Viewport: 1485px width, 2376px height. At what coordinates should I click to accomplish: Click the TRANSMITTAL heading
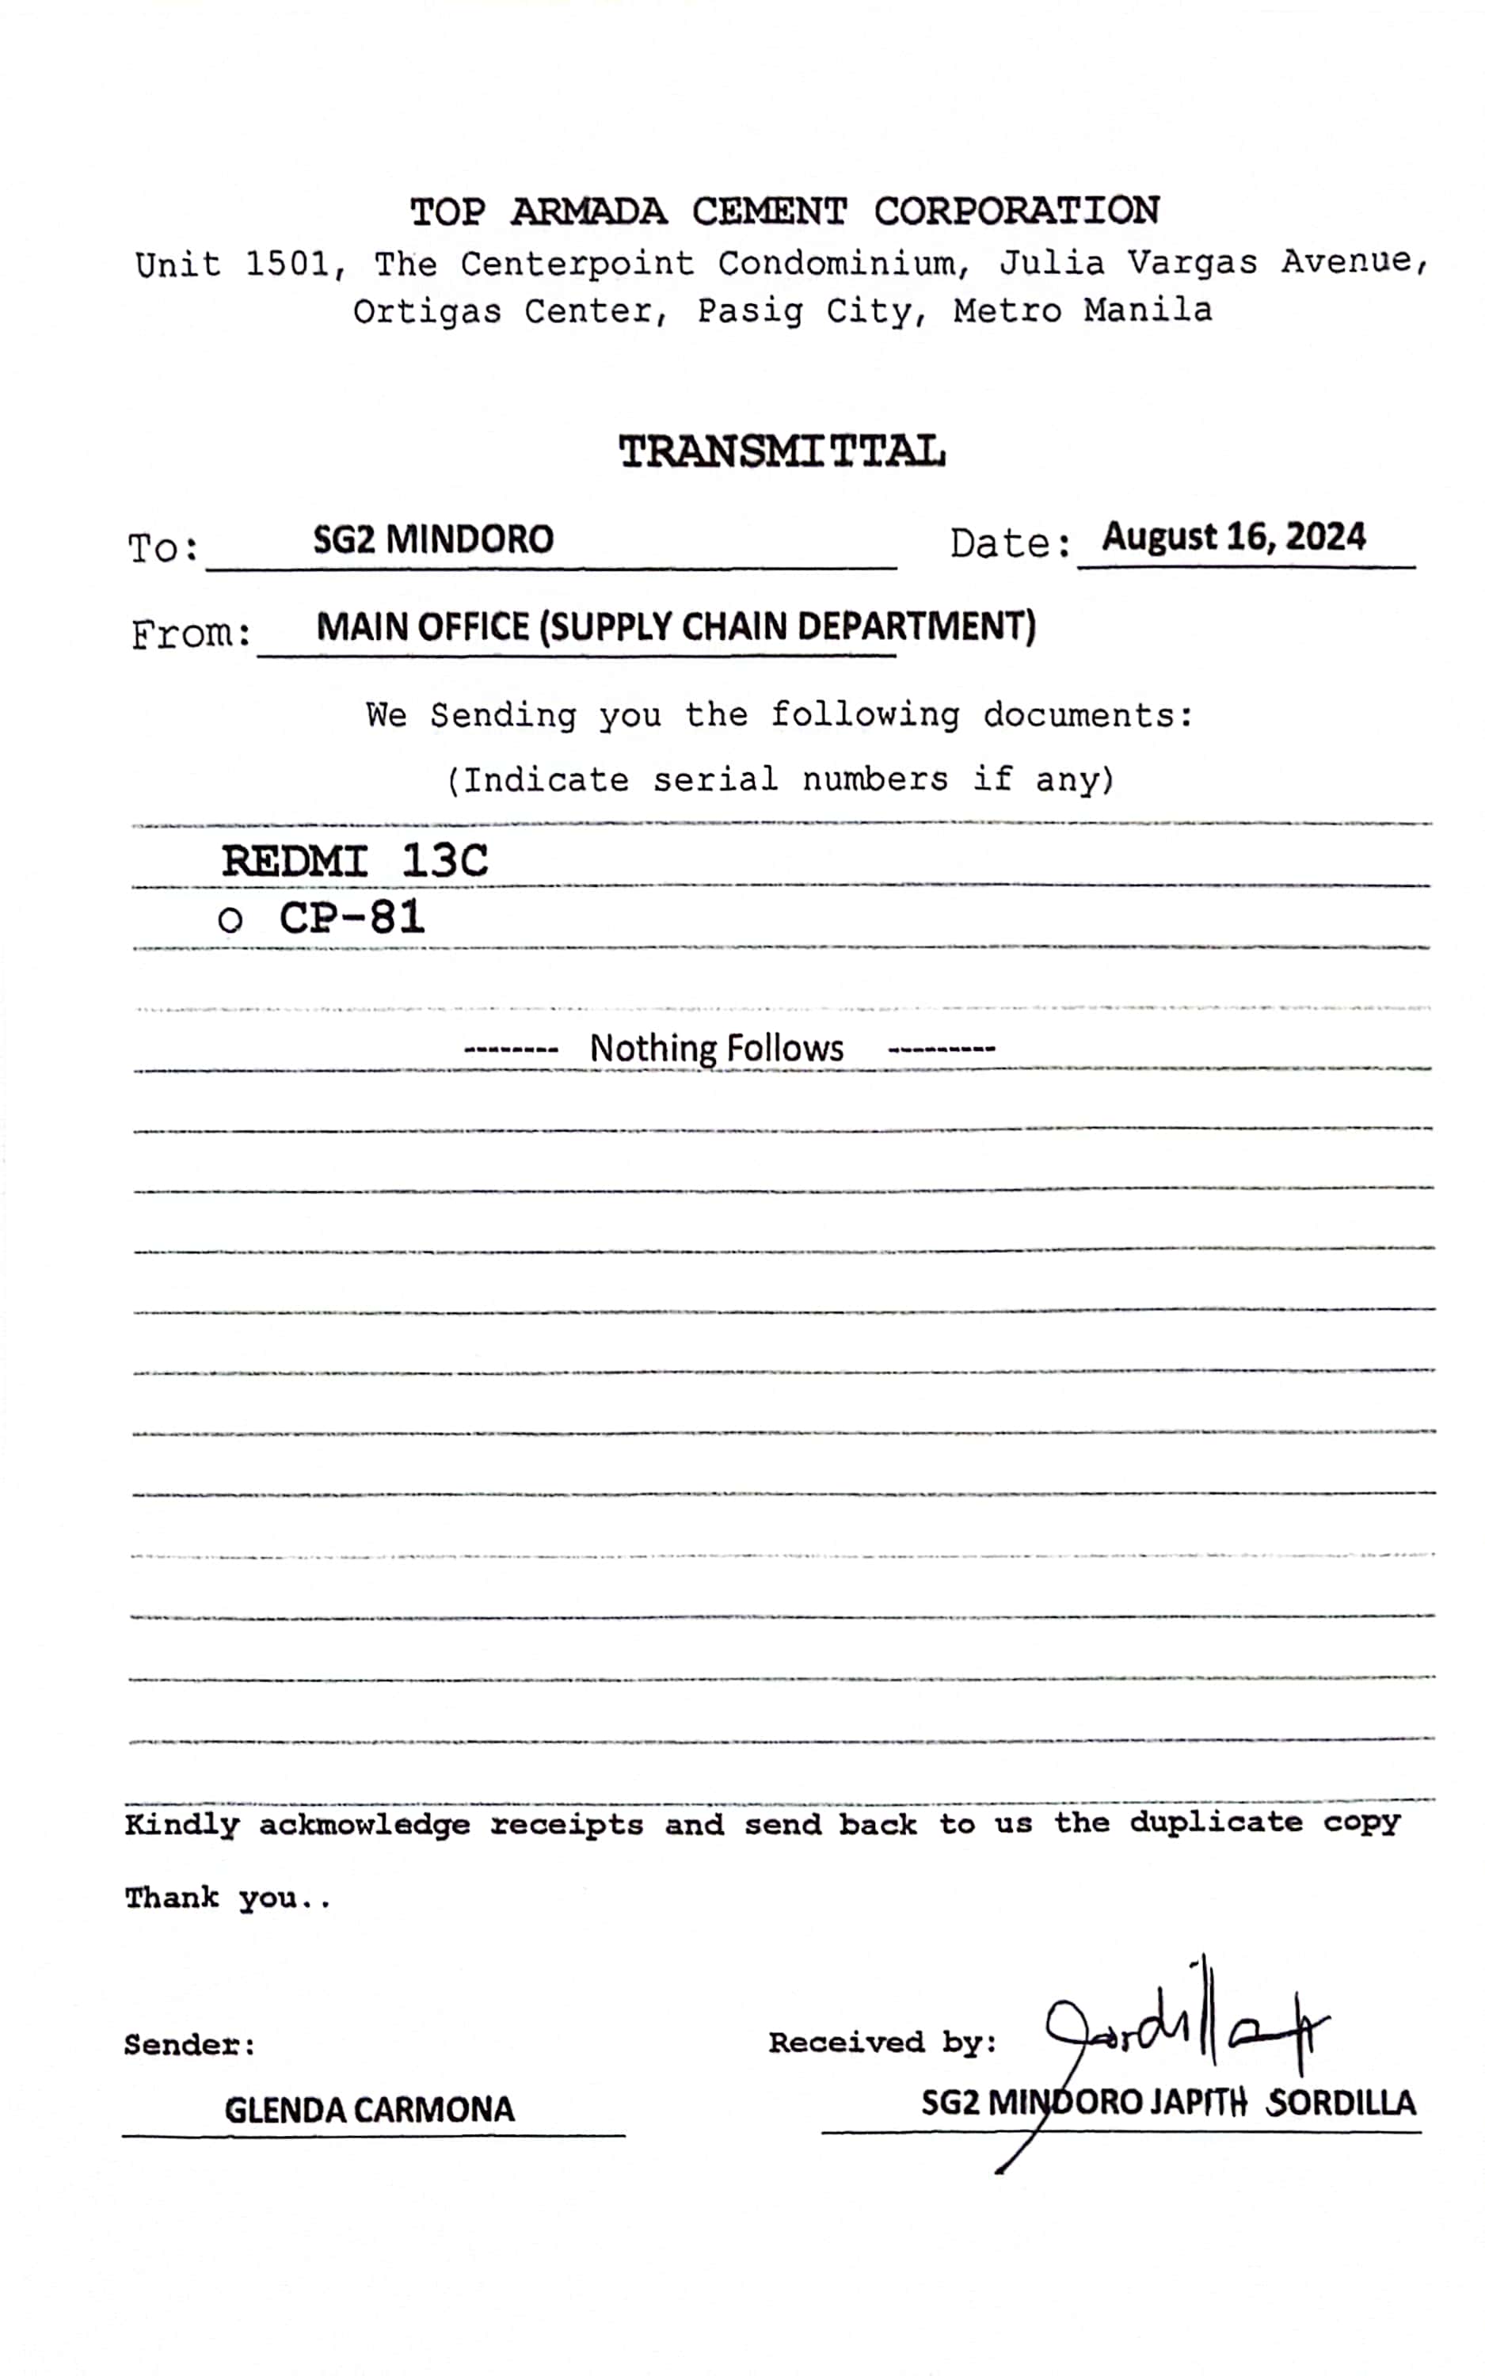782,452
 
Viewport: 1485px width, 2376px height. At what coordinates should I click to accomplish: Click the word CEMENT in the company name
768,212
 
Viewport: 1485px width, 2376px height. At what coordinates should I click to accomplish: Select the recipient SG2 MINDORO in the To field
433,540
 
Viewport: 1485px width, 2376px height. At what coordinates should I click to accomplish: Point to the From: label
192,634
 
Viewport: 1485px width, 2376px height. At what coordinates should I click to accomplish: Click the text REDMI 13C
355,861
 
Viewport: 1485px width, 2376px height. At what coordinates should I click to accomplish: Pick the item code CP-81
352,918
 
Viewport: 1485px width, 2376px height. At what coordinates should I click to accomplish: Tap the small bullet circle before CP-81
230,921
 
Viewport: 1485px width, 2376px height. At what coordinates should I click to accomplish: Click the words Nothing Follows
716,1049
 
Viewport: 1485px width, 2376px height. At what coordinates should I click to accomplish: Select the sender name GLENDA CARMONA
369,2110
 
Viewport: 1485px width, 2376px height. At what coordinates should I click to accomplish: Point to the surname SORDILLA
1341,2103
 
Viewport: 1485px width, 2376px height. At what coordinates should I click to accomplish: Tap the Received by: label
882,2043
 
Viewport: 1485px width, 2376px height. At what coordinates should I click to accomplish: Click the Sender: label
189,2045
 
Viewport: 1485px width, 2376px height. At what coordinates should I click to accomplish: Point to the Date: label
1010,543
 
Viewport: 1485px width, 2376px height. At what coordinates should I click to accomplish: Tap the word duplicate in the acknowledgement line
1215,1822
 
